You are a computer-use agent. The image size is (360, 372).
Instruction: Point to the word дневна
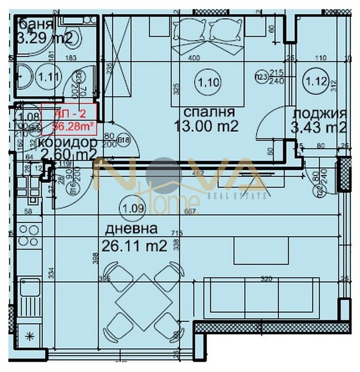[x=131, y=229]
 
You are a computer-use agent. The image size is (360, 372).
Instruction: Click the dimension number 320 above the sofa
[x=266, y=278]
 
